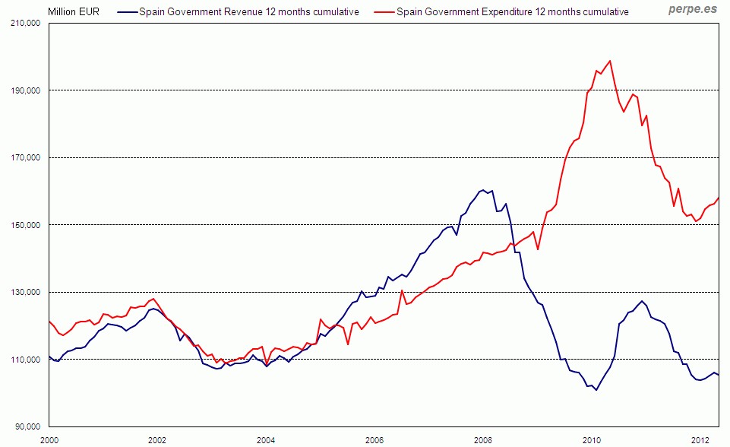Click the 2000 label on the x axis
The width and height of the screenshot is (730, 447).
tap(49, 440)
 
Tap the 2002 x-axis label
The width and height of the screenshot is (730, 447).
tap(157, 440)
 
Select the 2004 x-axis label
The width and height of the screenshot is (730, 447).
tap(266, 440)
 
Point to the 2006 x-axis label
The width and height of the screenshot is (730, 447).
tap(374, 440)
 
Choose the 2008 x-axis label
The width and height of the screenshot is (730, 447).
tap(482, 440)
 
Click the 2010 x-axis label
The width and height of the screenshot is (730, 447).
tap(591, 440)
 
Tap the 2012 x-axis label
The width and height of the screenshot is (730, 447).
tap(700, 440)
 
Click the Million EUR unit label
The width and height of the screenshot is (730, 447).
tap(74, 11)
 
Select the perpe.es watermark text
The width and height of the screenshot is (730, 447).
tap(692, 10)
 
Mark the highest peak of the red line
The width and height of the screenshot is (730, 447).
tap(610, 61)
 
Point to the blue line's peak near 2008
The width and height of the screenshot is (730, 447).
tap(483, 189)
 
